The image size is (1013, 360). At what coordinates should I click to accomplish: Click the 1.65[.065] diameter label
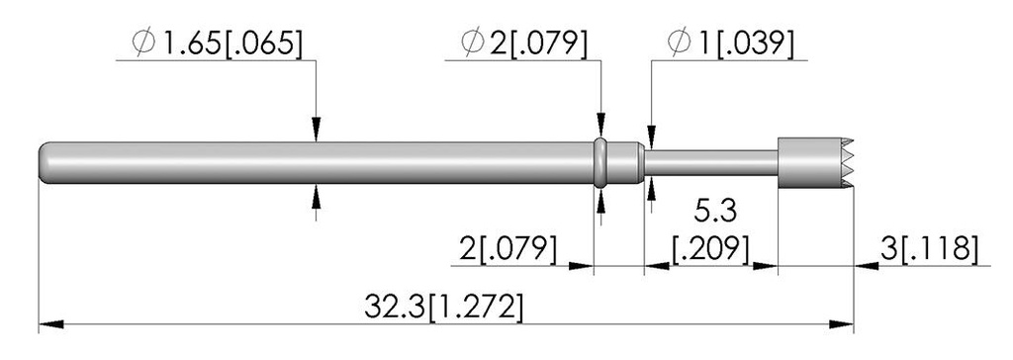(217, 43)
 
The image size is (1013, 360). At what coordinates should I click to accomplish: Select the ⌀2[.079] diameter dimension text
(524, 43)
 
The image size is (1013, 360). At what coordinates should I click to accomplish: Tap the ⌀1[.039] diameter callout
(731, 43)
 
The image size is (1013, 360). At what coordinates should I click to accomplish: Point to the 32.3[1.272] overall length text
(443, 307)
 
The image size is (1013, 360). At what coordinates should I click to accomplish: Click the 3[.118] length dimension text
(929, 248)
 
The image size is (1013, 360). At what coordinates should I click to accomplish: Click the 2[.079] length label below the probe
(507, 249)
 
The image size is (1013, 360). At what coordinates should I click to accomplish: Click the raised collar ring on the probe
(600, 162)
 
